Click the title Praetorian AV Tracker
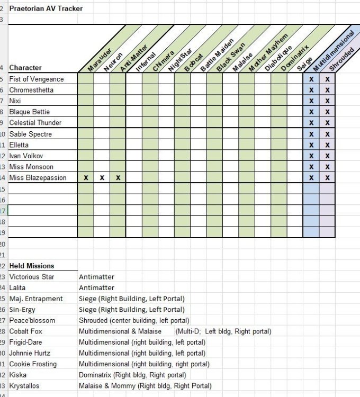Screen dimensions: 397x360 tap(46, 8)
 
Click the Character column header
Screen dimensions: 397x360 tap(25, 68)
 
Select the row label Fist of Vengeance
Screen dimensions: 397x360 tap(37, 79)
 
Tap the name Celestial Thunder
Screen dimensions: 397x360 tap(35, 123)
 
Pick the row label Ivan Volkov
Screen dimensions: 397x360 tap(26, 156)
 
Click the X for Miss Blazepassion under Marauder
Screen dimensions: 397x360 tap(86, 178)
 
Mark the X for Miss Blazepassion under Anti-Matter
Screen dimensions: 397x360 tap(118, 178)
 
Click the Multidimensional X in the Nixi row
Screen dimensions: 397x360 tap(311, 101)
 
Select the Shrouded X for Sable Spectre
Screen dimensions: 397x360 tap(328, 134)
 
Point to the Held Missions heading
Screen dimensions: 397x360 tap(32, 266)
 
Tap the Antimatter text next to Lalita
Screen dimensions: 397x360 tap(96, 288)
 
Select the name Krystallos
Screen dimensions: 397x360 tap(24, 386)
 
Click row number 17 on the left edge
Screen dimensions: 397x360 tap(3, 210)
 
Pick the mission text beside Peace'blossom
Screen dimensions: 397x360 tap(134, 320)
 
